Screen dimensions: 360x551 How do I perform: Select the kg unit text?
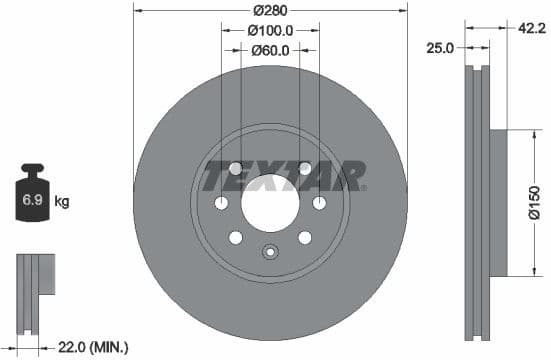click(62, 202)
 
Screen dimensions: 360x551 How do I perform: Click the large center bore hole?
click(269, 203)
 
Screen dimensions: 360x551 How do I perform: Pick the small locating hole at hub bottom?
click(269, 251)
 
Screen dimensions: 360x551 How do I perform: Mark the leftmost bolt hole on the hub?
click(221, 203)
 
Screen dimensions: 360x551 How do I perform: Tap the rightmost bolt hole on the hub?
click(319, 203)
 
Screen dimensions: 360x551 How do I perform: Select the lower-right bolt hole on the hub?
click(304, 237)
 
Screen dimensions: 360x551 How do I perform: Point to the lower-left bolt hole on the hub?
click(236, 237)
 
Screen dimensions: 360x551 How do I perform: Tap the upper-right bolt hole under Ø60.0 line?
click(304, 168)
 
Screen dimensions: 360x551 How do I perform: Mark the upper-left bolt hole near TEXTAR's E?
click(236, 168)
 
